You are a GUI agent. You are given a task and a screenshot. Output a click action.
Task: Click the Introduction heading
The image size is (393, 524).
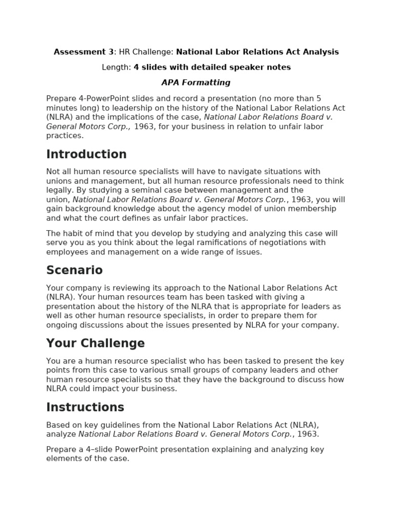click(x=86, y=155)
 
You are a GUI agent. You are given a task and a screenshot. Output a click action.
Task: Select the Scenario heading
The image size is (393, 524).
click(x=74, y=270)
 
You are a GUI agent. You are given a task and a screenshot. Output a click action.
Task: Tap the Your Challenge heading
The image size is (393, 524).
click(x=95, y=343)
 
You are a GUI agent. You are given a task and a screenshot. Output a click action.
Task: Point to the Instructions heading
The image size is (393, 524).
click(x=85, y=407)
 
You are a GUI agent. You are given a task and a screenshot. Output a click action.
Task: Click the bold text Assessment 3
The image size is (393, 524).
click(x=84, y=52)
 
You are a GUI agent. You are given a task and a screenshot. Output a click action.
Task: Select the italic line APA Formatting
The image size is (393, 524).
click(x=196, y=82)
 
